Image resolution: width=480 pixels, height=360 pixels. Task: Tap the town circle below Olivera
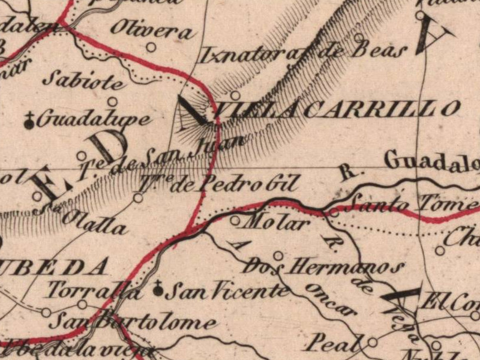tap(151, 47)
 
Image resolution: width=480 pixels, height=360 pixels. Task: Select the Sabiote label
tap(87, 80)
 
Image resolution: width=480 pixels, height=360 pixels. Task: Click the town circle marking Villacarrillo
tap(235, 95)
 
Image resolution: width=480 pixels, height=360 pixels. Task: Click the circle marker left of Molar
tap(235, 220)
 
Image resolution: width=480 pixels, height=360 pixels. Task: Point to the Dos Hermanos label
tap(324, 266)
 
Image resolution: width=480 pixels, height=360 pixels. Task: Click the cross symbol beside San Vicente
tap(158, 291)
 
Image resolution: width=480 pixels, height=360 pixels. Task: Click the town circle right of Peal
tap(373, 342)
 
